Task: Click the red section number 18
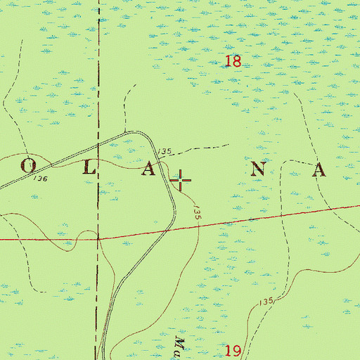click(x=233, y=62)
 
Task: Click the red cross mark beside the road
click(x=181, y=181)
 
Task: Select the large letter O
click(x=29, y=167)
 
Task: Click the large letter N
click(x=259, y=169)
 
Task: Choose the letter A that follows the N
click(x=320, y=169)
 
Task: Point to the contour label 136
click(x=40, y=179)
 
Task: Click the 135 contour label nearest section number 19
click(x=265, y=302)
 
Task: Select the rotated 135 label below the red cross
click(x=198, y=214)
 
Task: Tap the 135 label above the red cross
click(x=165, y=152)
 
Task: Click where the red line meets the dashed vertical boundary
click(x=98, y=238)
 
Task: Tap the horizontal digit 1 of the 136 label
click(x=35, y=179)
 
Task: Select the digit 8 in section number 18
click(x=237, y=62)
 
